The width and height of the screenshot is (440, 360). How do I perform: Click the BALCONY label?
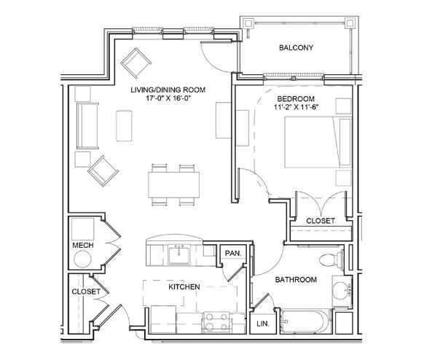coord(296,49)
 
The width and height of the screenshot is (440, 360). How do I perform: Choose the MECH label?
coord(82,246)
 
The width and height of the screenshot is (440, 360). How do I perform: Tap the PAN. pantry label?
coord(233,253)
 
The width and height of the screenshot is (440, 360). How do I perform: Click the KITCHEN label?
coord(184,288)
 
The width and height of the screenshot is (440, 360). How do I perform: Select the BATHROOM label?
coord(295,280)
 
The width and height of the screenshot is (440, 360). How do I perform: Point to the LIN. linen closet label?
coord(262,323)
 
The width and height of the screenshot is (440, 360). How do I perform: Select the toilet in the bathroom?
coord(335,259)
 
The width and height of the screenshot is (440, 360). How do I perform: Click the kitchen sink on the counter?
coord(178,254)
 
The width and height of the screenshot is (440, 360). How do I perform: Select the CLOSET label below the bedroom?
coord(320,220)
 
